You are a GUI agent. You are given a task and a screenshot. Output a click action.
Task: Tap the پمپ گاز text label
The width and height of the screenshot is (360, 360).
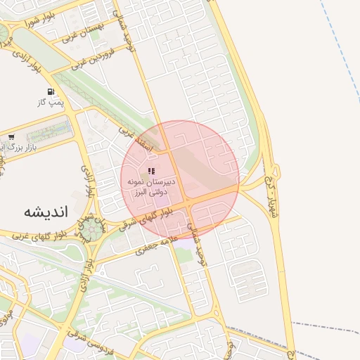tap(51, 103)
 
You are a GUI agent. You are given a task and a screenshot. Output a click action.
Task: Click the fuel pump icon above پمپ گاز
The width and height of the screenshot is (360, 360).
tap(51, 91)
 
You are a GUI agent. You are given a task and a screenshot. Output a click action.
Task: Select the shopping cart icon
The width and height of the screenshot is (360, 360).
tap(11, 136)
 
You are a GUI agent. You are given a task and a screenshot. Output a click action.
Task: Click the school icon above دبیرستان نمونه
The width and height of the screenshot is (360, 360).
tap(152, 170)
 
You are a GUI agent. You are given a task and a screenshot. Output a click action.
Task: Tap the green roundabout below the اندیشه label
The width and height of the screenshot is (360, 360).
tap(91, 229)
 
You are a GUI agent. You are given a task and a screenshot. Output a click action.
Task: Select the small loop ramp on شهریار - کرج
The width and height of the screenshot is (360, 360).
tap(275, 171)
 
